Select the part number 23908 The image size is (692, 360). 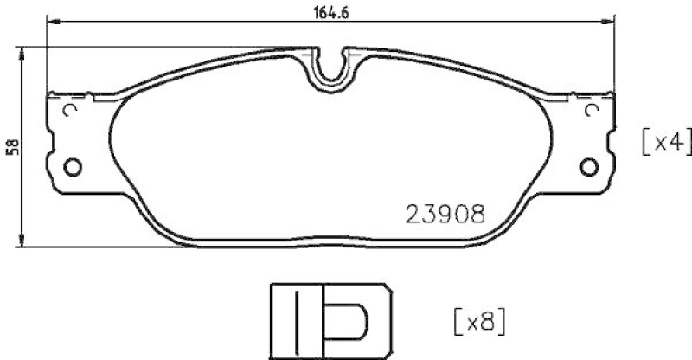click(445, 214)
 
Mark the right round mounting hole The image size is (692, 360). click(592, 166)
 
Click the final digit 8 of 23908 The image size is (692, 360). click(475, 214)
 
